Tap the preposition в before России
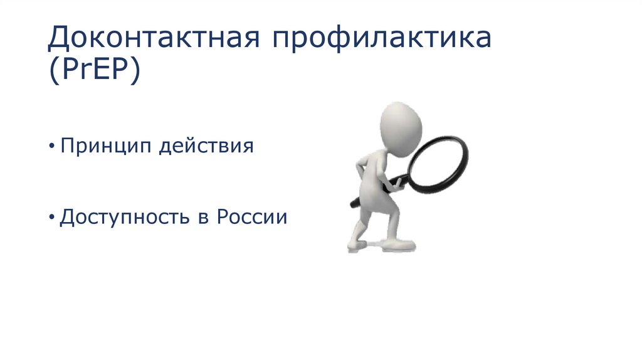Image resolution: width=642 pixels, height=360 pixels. coord(204,218)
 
